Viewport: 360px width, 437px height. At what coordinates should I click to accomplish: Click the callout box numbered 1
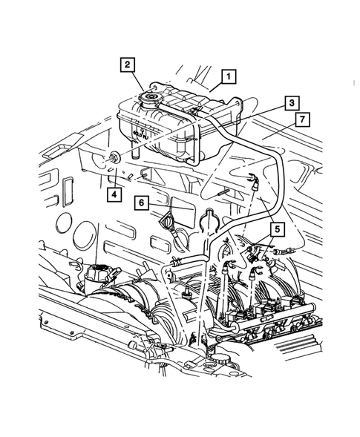click(228, 75)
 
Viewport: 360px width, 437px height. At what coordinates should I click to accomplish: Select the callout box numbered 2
click(129, 65)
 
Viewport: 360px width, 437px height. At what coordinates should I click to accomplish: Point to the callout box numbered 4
click(114, 195)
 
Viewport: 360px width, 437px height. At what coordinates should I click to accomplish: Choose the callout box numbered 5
click(276, 229)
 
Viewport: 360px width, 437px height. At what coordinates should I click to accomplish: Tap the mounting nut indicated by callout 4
click(114, 157)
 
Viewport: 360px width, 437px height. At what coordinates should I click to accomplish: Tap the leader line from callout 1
click(215, 86)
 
